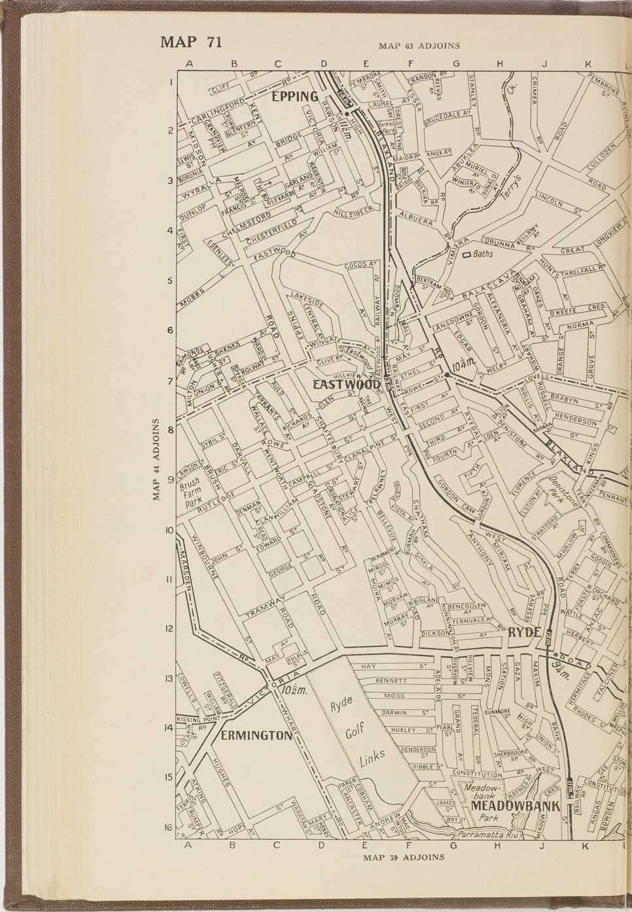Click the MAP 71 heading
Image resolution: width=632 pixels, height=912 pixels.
click(x=191, y=43)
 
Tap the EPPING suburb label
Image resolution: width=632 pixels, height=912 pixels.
click(x=295, y=97)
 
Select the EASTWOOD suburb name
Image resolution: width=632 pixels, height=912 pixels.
click(x=346, y=385)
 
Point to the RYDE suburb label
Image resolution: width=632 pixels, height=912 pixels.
click(x=524, y=631)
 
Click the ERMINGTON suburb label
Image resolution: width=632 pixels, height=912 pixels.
click(x=256, y=735)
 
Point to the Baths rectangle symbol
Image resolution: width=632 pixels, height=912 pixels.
click(x=467, y=254)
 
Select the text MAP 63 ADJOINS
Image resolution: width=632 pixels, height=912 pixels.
click(x=419, y=46)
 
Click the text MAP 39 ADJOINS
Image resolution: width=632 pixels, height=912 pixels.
click(x=404, y=857)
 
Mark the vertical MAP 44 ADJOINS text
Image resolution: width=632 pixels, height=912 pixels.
click(x=156, y=459)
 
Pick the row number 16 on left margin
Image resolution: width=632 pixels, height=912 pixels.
click(x=168, y=827)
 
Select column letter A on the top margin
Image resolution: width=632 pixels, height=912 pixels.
click(x=188, y=64)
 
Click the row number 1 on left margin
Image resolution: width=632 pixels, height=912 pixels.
click(x=170, y=83)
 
